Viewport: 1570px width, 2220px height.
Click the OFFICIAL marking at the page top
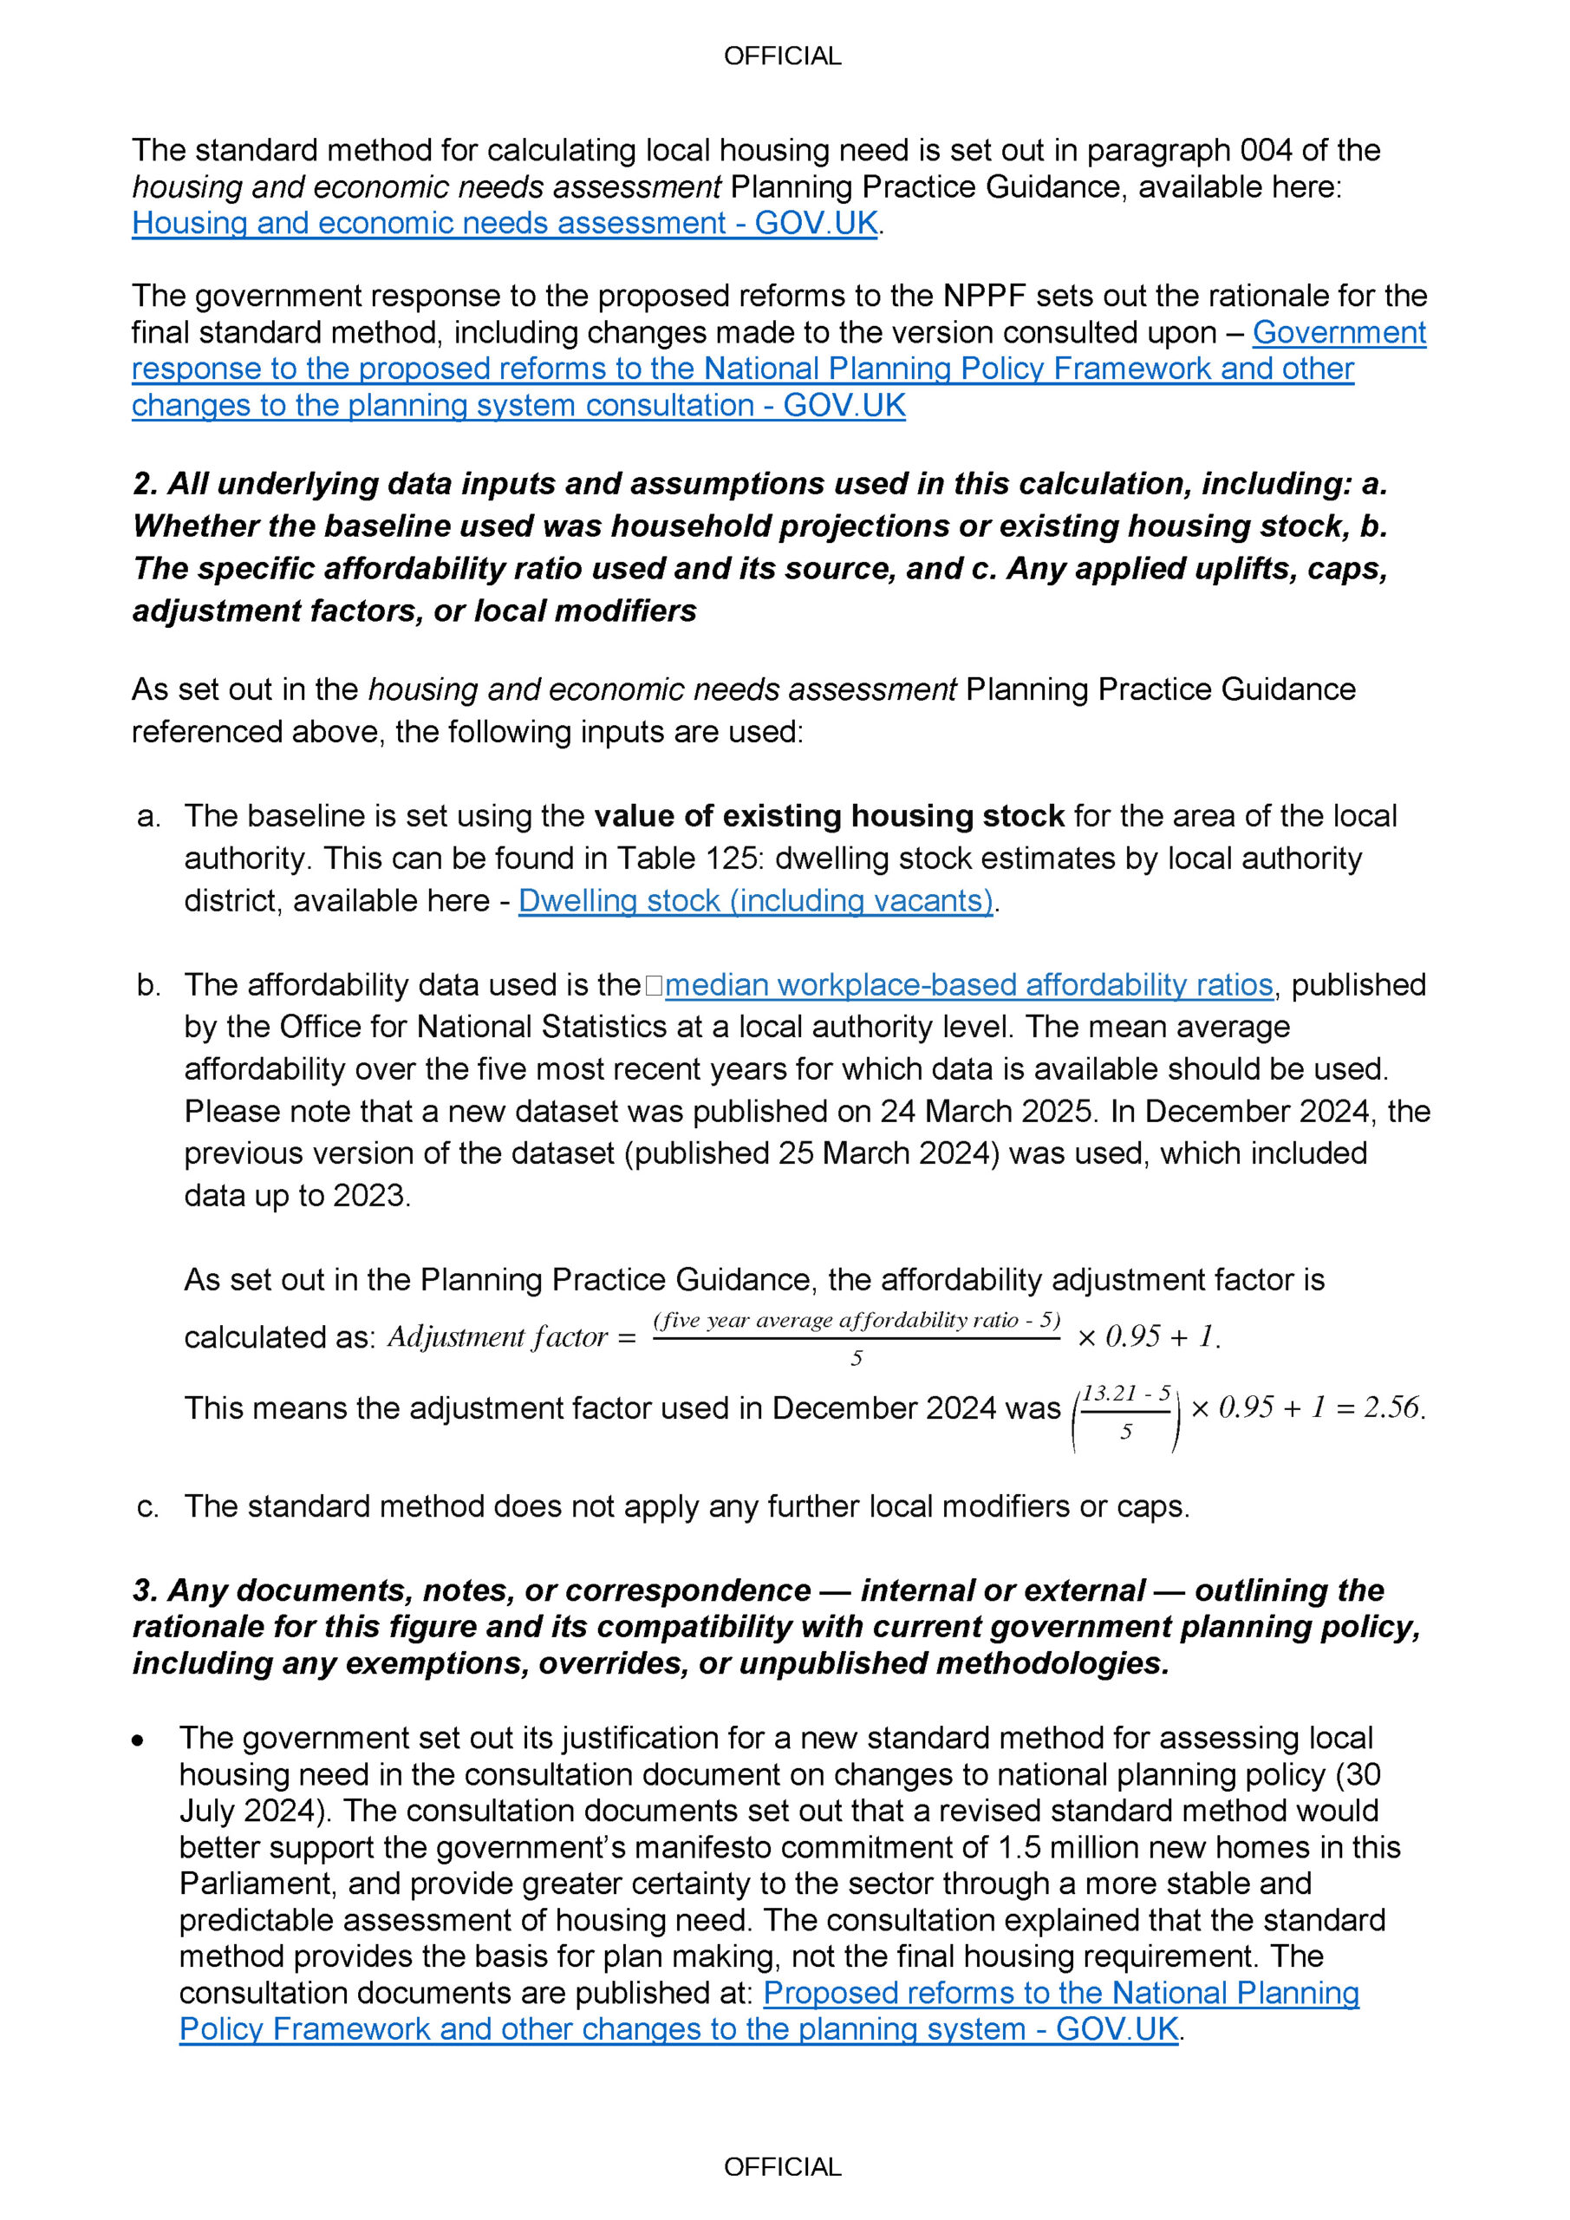(782, 56)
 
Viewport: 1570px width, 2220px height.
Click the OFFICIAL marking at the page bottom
(782, 2167)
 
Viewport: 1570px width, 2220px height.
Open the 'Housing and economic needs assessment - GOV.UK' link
(505, 224)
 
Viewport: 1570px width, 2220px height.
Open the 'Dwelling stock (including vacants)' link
(755, 901)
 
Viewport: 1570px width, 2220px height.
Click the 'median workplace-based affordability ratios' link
(968, 985)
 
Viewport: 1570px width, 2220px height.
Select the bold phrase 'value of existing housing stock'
(829, 817)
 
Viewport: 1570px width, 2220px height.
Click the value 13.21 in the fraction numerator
(1110, 1394)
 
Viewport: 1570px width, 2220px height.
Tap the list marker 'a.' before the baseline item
(149, 817)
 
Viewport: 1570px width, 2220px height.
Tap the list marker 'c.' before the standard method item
(148, 1507)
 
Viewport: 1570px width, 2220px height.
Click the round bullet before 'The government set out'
(138, 1740)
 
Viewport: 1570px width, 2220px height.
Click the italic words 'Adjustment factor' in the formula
(497, 1337)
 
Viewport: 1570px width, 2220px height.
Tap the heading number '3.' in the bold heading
(145, 1590)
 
